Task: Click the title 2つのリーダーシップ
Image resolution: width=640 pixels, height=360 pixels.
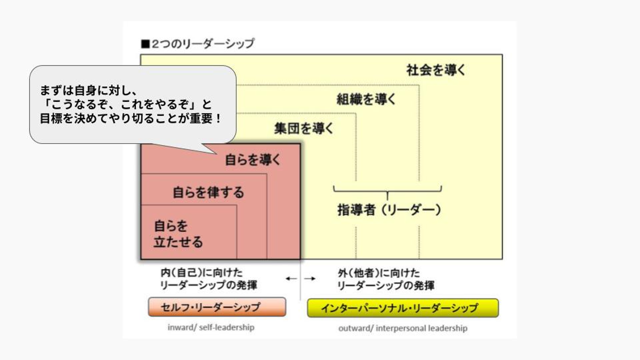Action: click(203, 44)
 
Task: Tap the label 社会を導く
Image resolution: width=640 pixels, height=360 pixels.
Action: click(436, 70)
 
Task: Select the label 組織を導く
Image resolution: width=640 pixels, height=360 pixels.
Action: click(366, 99)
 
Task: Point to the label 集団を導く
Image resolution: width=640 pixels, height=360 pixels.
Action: click(304, 128)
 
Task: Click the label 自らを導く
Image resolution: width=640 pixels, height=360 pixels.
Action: click(253, 160)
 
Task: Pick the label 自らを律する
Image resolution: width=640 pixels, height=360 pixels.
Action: click(208, 192)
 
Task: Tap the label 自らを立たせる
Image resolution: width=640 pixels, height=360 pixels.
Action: click(178, 234)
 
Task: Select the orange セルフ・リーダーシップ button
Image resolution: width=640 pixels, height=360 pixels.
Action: click(217, 307)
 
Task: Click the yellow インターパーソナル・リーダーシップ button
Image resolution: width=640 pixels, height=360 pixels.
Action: click(403, 308)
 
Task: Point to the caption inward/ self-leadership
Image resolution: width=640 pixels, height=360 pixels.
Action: click(211, 328)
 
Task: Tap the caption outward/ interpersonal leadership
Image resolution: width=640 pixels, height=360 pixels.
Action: click(403, 328)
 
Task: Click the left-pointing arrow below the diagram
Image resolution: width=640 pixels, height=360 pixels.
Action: click(291, 279)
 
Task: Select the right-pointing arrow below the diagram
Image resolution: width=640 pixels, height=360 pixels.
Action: click(310, 279)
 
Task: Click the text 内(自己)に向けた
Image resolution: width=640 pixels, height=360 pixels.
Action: click(202, 272)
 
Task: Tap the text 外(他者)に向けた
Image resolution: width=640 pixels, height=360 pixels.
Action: click(379, 272)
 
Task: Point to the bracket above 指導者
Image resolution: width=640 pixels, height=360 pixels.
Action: click(387, 191)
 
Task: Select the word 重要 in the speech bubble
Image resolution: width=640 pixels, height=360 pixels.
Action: click(203, 120)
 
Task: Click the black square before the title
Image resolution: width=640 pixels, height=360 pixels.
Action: click(144, 44)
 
